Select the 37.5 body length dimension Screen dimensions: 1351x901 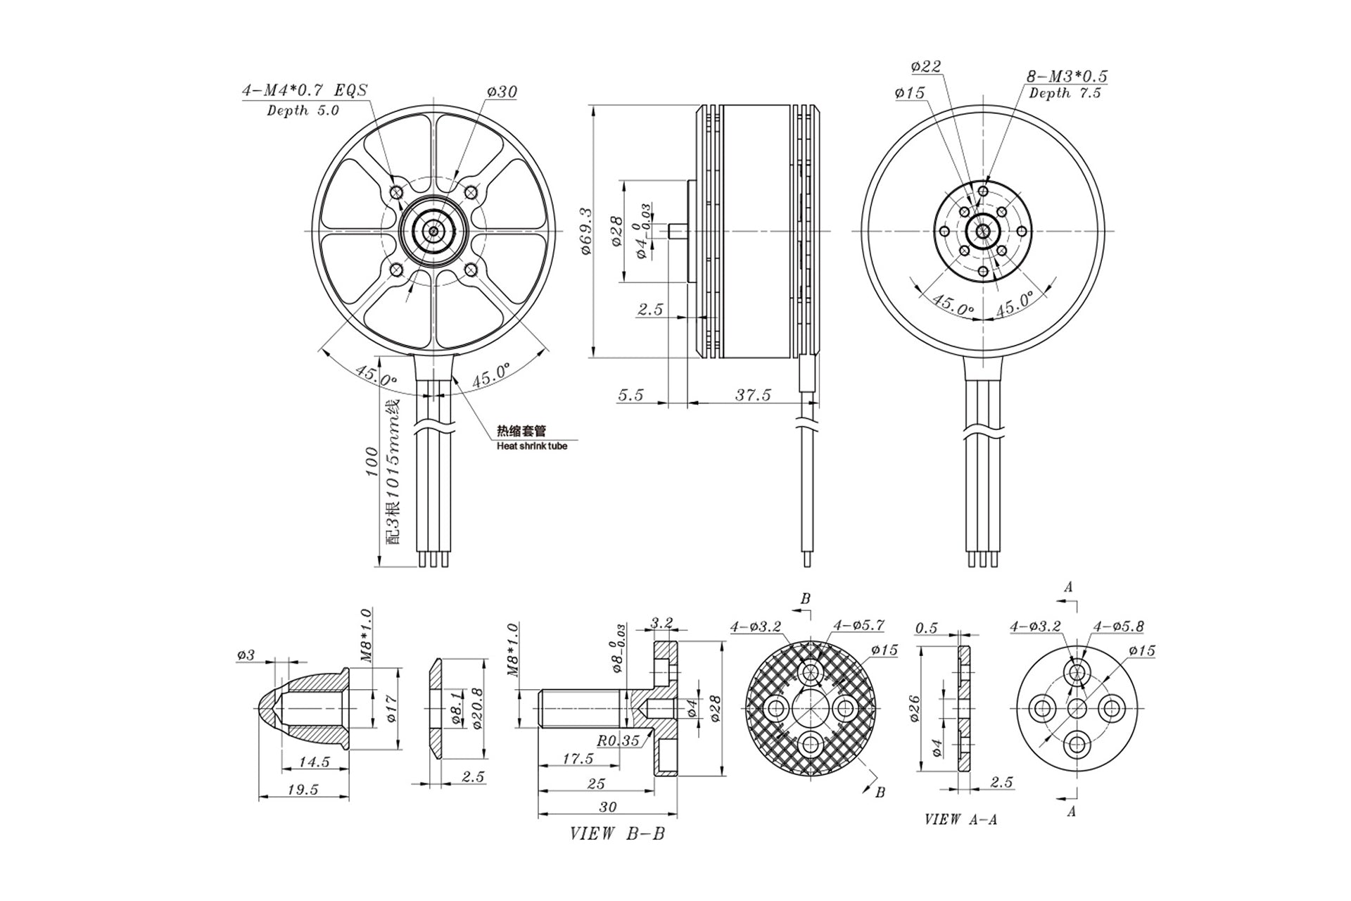[x=753, y=395]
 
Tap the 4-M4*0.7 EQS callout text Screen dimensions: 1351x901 [x=305, y=91]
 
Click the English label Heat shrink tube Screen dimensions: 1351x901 [x=532, y=446]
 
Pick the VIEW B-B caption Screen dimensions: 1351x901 [x=617, y=834]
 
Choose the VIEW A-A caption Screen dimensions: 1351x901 [x=960, y=819]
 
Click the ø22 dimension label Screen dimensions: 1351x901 [x=925, y=67]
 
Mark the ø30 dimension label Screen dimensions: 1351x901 [x=502, y=92]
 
